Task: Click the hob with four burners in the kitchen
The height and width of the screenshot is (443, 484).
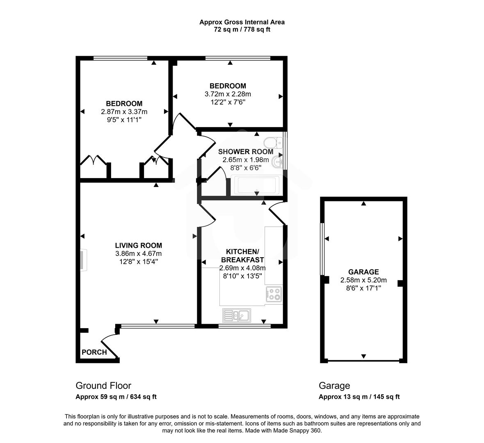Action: pyautogui.click(x=274, y=294)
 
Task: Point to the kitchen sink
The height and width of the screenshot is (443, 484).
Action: pyautogui.click(x=237, y=315)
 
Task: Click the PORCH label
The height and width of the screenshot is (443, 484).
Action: pyautogui.click(x=94, y=352)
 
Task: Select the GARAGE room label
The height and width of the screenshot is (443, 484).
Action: pyautogui.click(x=363, y=272)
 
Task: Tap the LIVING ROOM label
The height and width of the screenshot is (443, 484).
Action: pyautogui.click(x=138, y=246)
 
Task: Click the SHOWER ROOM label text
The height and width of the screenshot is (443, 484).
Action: pyautogui.click(x=245, y=152)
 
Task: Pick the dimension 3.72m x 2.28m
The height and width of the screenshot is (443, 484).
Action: pyautogui.click(x=228, y=94)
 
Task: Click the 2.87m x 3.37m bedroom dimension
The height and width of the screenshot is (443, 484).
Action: pyautogui.click(x=124, y=112)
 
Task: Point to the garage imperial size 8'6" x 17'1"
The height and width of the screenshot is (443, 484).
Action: pyautogui.click(x=363, y=288)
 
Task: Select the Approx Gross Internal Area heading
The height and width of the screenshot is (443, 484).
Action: pyautogui.click(x=242, y=22)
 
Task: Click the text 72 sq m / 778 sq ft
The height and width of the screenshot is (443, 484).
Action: pyautogui.click(x=242, y=30)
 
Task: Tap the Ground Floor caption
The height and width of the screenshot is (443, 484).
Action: pyautogui.click(x=103, y=386)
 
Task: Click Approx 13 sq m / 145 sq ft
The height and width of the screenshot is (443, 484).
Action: pyautogui.click(x=359, y=397)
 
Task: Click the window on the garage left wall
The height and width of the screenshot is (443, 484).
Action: pyautogui.click(x=322, y=249)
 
